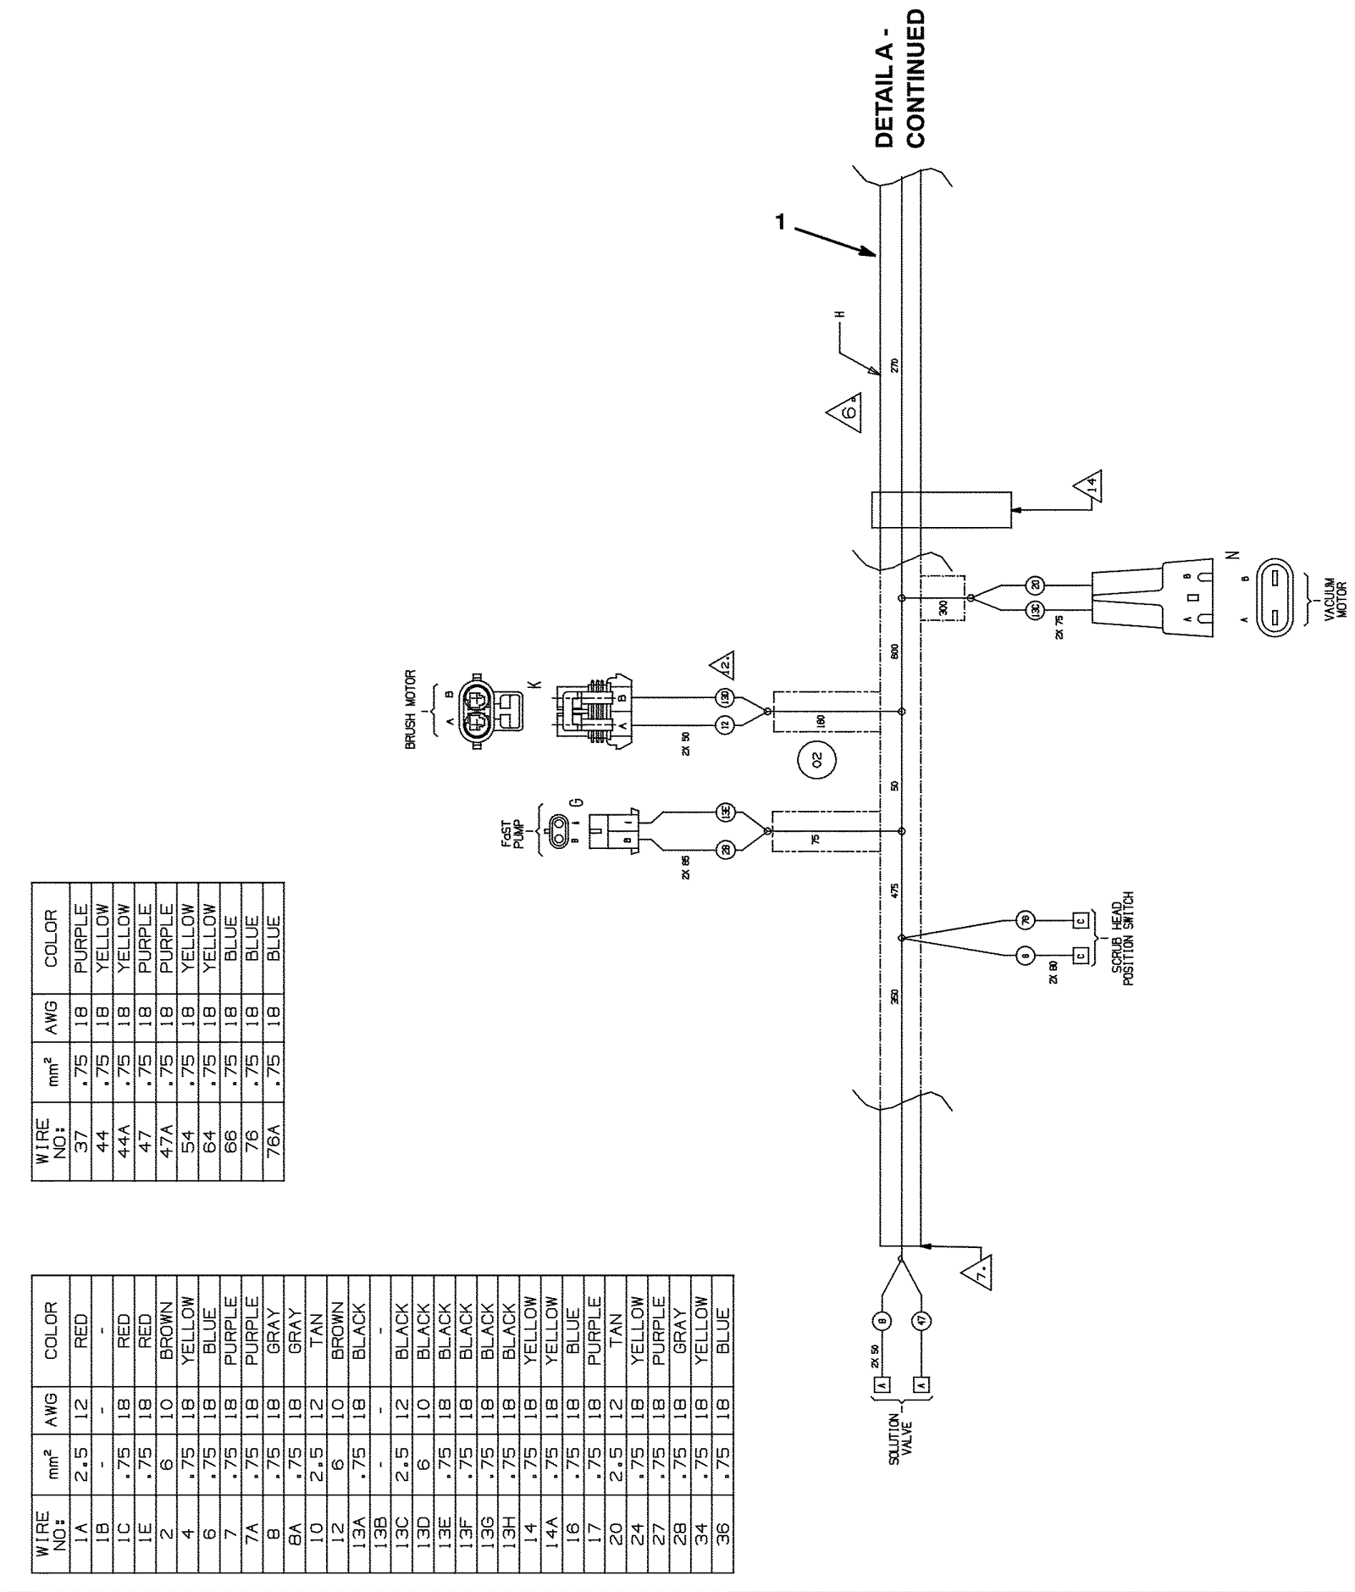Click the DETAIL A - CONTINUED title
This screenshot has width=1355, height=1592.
[899, 80]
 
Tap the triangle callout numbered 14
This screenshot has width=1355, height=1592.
[1088, 485]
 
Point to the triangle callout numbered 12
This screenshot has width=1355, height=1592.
[722, 666]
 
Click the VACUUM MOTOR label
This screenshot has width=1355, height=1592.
[1335, 599]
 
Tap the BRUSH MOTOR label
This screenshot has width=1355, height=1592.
[411, 709]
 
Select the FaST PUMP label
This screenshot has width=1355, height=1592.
[512, 833]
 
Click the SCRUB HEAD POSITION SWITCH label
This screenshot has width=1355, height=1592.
[1122, 939]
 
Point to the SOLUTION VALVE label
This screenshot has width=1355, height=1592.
[900, 1439]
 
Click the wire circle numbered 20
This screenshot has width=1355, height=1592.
[1035, 585]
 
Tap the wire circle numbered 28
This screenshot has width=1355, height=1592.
[726, 849]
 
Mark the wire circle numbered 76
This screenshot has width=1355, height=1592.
[1025, 919]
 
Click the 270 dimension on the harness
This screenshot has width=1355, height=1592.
[894, 366]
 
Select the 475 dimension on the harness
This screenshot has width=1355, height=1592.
[894, 889]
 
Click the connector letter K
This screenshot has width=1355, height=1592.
[534, 684]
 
